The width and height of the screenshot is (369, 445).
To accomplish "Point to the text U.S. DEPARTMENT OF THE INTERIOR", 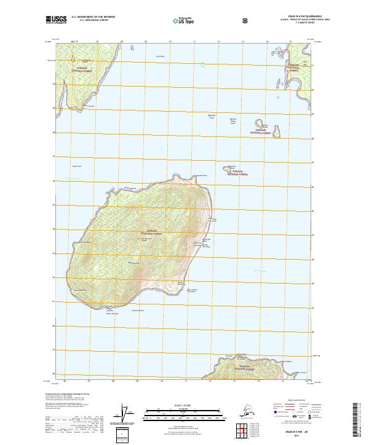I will coord(93,17).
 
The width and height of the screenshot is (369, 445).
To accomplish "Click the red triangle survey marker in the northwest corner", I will coord(73,59).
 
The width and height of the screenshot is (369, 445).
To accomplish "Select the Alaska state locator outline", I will coord(246,412).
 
